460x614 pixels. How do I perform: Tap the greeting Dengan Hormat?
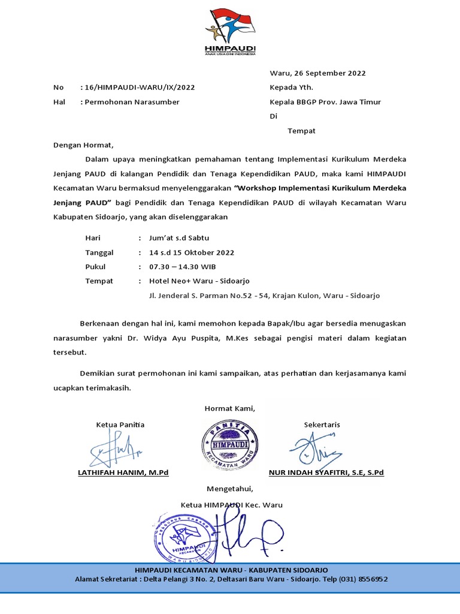pos(83,145)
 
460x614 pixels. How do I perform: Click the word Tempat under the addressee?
pos(301,131)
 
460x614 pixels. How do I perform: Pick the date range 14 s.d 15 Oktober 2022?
pos(192,252)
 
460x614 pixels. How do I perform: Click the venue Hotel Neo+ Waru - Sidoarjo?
pos(199,281)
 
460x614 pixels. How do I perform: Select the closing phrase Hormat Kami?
pos(230,409)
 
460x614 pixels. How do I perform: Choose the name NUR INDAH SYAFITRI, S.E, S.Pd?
pos(326,472)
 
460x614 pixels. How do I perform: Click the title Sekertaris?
pos(322,425)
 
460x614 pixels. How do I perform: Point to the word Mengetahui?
pos(230,489)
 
